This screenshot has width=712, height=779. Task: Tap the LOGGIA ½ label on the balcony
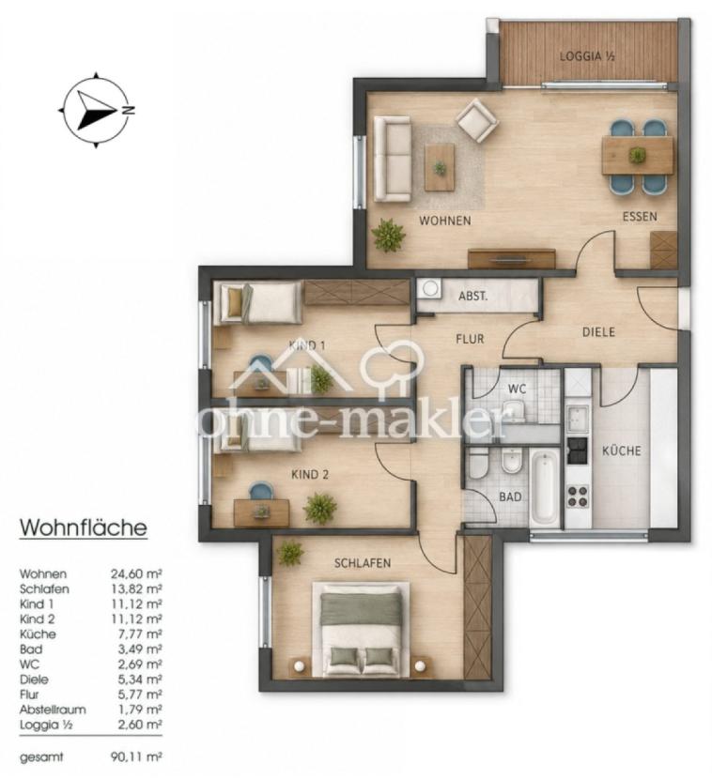click(587, 56)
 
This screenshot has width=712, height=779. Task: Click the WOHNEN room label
click(445, 220)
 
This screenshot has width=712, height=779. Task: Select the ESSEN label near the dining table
click(640, 217)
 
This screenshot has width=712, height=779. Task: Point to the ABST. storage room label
click(472, 297)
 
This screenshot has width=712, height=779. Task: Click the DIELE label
click(598, 332)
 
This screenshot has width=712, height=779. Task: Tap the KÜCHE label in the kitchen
click(622, 451)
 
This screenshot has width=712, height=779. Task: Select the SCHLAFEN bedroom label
click(363, 563)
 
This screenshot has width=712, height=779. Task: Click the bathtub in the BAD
click(545, 486)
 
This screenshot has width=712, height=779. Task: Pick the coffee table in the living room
click(440, 167)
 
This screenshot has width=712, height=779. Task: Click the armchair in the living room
click(477, 120)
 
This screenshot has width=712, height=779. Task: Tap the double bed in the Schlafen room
click(361, 630)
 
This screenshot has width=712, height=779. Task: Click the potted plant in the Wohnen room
click(388, 235)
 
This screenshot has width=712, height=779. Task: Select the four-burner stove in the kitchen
click(578, 496)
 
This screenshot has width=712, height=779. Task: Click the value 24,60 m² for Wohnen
click(136, 574)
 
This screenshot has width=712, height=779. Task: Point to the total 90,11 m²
click(136, 757)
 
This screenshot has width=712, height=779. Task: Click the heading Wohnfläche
click(83, 527)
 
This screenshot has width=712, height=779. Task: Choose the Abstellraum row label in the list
click(53, 710)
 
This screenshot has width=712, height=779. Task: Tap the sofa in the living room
click(393, 159)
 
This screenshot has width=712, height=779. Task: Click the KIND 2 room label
click(310, 475)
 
